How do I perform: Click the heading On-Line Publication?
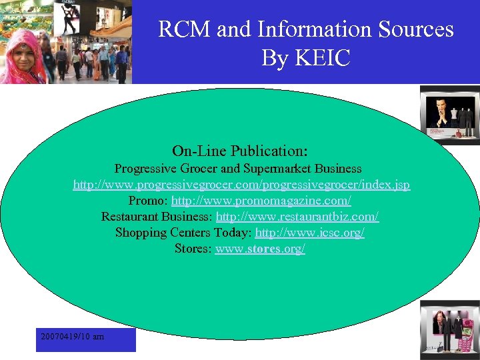point(240,151)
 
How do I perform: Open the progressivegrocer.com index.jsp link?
point(241,185)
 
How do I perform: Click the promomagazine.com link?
point(261,201)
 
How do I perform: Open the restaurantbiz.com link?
point(297,217)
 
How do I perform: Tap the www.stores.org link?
point(260,249)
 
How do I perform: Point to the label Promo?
point(148,201)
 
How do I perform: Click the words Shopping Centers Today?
point(183,233)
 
